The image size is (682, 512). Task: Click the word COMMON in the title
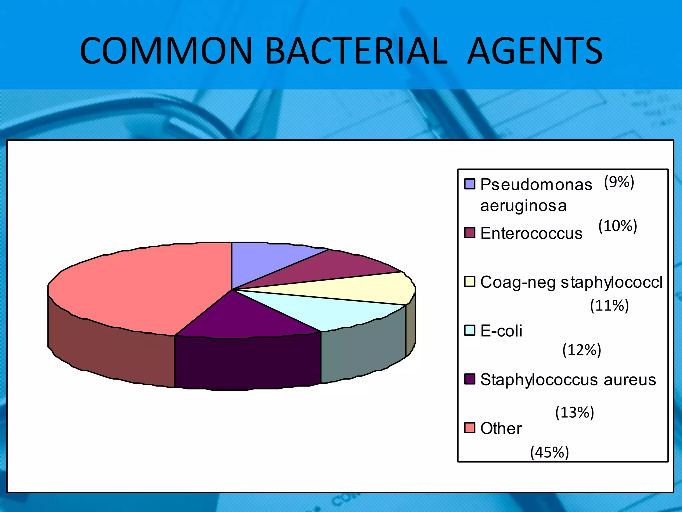[x=166, y=51]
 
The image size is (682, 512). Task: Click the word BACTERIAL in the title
[x=357, y=51]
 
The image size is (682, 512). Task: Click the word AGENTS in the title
[x=535, y=51]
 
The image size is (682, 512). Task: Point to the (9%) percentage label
[x=619, y=182]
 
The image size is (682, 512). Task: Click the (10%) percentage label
[x=618, y=226]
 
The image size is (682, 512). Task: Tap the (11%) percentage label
[x=609, y=305]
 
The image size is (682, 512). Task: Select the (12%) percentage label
[x=582, y=350]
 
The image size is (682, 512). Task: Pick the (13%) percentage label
[x=575, y=413]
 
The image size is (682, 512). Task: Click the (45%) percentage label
[x=549, y=452]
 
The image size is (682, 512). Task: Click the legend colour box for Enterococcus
[x=470, y=233]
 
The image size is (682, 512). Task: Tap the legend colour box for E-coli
[x=470, y=330]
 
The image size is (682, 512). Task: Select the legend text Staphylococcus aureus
[x=568, y=380]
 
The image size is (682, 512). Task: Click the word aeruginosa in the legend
[x=523, y=206]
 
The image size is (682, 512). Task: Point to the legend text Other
[x=501, y=428]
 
